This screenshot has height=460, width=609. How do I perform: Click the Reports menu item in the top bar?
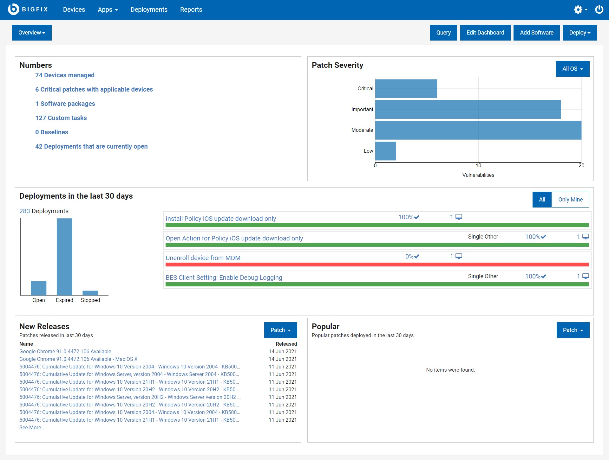point(191,10)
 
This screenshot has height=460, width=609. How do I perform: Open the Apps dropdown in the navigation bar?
point(108,10)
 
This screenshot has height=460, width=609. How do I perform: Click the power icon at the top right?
point(599,10)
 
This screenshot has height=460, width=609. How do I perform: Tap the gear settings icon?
point(578,10)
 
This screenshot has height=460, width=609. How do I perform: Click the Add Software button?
point(536,33)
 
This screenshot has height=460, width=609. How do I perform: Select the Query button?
point(443,33)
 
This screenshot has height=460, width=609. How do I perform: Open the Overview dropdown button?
point(32,33)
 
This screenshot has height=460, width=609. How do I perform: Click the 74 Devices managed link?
point(65,75)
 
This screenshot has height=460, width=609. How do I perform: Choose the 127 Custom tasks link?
point(61,118)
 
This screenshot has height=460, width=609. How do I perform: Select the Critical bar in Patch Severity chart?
point(406,89)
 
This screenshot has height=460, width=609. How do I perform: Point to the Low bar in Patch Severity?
point(385,151)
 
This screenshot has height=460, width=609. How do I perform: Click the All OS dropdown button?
point(573,69)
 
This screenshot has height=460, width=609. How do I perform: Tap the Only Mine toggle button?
point(570,200)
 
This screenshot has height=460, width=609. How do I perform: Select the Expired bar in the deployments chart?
point(64,257)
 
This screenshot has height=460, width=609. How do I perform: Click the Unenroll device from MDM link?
point(203,258)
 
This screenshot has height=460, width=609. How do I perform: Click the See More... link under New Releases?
point(32,427)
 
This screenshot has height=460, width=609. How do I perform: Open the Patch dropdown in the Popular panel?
point(573,330)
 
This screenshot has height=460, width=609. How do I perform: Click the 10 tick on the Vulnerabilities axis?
point(478,165)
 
